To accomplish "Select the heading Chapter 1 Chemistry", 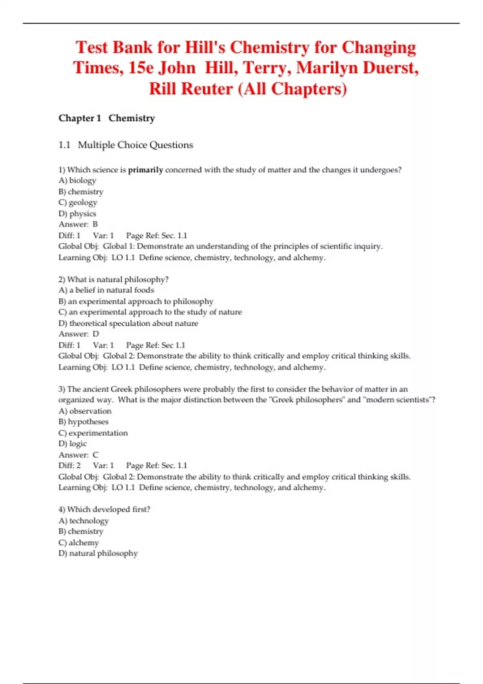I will [x=107, y=118].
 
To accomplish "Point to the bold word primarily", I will [x=145, y=170].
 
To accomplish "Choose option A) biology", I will [x=77, y=181].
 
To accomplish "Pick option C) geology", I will [x=78, y=202].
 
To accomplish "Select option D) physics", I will [x=77, y=214].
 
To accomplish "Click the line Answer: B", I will [x=78, y=225].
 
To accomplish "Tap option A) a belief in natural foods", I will [x=106, y=290].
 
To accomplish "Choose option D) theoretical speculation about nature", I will [x=128, y=323].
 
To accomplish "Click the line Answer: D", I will [x=78, y=334].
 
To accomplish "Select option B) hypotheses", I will [x=83, y=422].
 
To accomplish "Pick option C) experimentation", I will [x=93, y=433].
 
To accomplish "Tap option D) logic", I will [x=72, y=444].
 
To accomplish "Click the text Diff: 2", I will [x=70, y=466].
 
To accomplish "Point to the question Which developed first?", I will [x=104, y=509].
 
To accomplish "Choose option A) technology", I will [x=84, y=521].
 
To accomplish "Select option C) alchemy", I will [x=78, y=542].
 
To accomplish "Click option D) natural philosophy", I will [x=98, y=553].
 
